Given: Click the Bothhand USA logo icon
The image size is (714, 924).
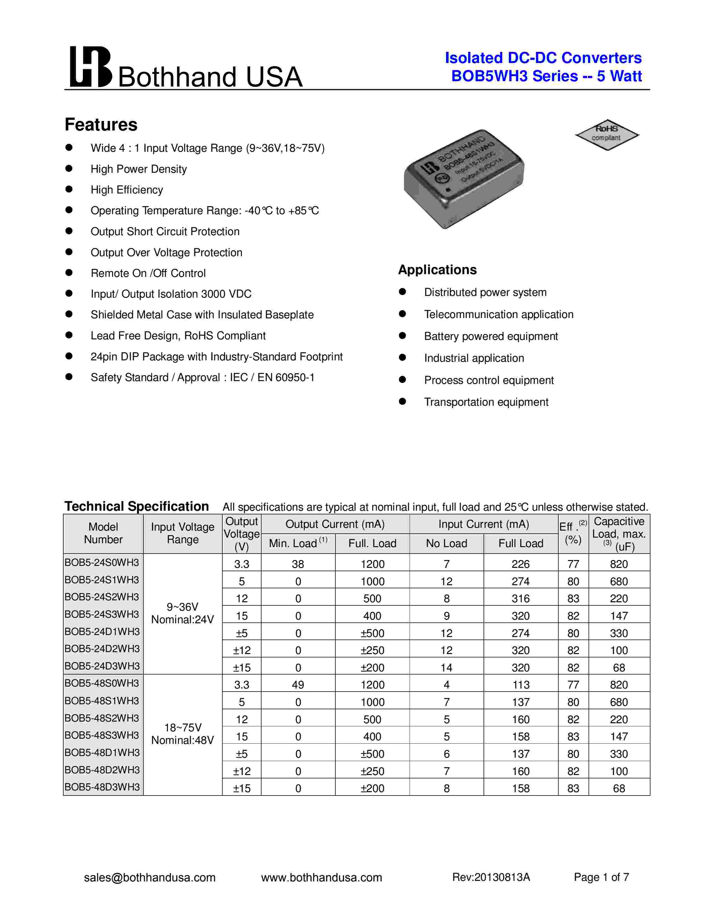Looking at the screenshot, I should (90, 67).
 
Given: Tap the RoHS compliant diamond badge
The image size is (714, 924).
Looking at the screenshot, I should (607, 134).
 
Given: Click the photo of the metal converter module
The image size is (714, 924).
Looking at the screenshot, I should (464, 179).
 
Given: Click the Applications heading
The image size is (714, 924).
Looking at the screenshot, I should (437, 270).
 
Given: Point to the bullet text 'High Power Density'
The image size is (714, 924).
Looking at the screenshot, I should (138, 169).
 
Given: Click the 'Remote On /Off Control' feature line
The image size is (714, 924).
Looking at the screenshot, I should (148, 273).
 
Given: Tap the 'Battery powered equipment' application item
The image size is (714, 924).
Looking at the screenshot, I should (491, 336).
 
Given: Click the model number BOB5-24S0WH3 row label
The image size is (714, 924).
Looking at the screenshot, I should (102, 563).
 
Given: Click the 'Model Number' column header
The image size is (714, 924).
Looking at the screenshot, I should (103, 533).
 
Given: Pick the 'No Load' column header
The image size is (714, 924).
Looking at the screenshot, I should (446, 544).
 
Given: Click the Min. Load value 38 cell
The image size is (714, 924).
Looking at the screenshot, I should (298, 564).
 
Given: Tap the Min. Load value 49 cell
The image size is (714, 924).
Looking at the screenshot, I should (298, 685).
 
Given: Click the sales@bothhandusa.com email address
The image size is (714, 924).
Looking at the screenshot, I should (150, 878).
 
